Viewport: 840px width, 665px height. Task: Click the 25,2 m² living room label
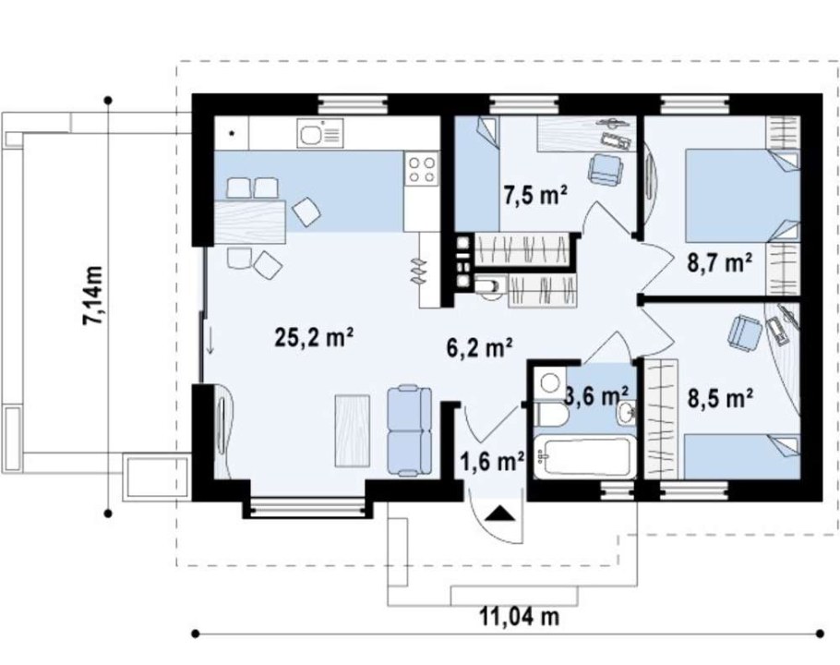coord(314,338)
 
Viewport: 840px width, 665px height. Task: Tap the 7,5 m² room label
coord(534,195)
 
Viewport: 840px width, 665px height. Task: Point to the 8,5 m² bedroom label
coord(721,398)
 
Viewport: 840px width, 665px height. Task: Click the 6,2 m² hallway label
coord(479,347)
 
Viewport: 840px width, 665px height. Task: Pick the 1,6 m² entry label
coord(492,461)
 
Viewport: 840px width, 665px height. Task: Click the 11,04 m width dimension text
coord(519,617)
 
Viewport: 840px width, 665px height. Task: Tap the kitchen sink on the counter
coord(319,133)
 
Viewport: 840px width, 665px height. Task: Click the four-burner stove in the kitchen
coord(421,168)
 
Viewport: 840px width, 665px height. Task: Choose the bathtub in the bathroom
coord(584,456)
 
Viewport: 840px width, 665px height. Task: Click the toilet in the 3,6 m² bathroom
coord(552,415)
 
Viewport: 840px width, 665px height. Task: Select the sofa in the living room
coord(410,430)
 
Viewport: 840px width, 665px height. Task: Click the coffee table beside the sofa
coord(353,430)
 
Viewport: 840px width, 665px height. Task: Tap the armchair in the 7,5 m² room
coord(606,169)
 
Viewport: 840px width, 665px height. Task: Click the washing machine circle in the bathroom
coord(549,382)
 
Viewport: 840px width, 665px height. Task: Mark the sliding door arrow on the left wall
coord(210,340)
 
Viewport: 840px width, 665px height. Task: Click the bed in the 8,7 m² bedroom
coord(742,196)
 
